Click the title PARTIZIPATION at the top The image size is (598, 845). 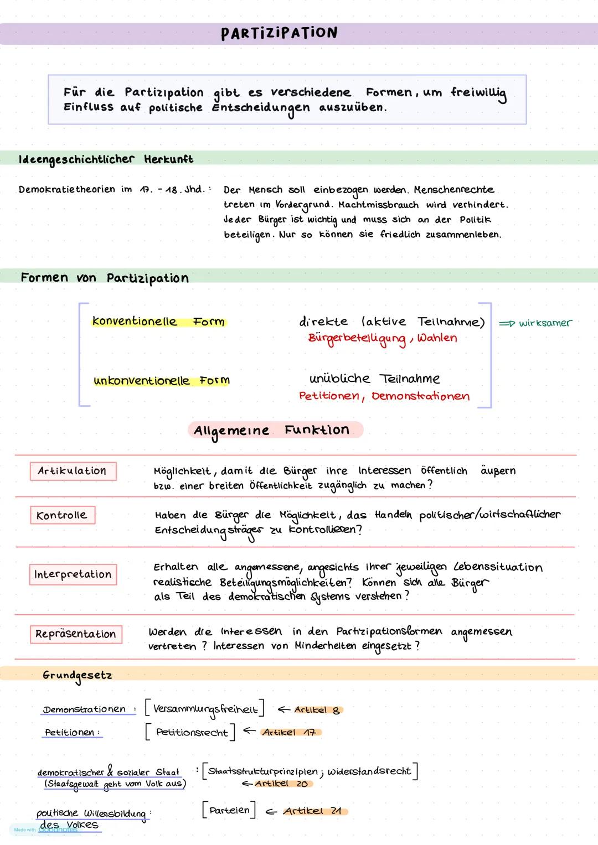[279, 33]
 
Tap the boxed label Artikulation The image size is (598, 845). [73, 471]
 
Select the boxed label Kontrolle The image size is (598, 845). [62, 515]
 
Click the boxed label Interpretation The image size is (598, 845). [73, 574]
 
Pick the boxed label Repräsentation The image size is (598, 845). [76, 634]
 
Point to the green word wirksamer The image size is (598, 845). [545, 323]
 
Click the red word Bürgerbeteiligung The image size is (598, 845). [357, 338]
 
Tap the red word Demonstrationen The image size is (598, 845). [420, 396]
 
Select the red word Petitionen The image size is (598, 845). [330, 396]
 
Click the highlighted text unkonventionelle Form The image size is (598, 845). [161, 381]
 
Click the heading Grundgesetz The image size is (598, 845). [78, 675]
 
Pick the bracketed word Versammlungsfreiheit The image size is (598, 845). [205, 709]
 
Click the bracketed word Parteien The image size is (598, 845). [229, 810]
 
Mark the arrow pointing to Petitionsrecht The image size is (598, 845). [249, 731]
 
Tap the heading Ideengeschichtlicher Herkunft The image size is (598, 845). [106, 159]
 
